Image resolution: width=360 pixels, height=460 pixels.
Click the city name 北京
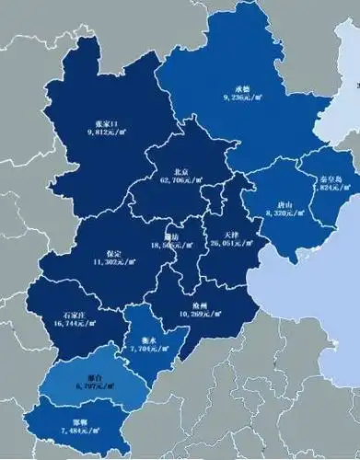point(180,171)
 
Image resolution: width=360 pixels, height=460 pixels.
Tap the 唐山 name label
point(285,203)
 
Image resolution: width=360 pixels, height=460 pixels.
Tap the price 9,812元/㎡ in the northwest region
point(109,132)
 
